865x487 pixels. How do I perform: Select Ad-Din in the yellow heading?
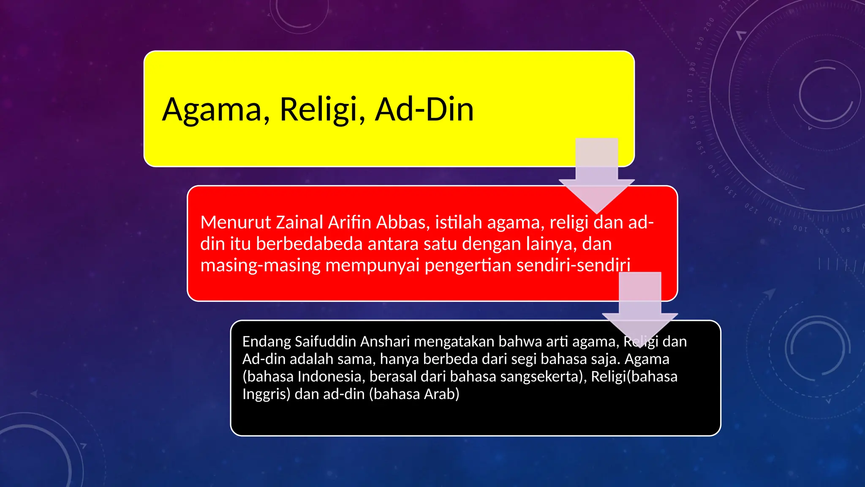[424, 109]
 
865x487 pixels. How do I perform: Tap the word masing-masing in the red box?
[260, 265]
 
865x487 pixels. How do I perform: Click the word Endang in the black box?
[267, 342]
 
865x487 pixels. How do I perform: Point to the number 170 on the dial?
[690, 96]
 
